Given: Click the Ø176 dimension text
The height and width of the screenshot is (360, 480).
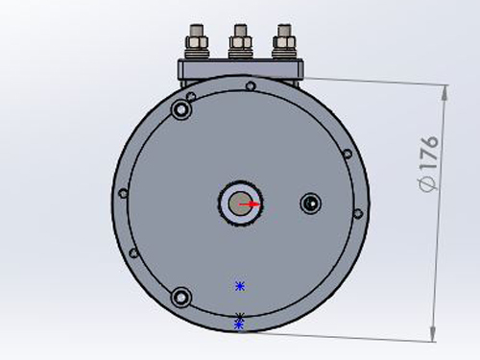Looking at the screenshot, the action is click(428, 163).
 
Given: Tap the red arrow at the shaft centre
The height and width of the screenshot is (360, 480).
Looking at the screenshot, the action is click(251, 204).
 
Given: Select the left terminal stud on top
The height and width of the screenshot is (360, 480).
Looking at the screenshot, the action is click(197, 41).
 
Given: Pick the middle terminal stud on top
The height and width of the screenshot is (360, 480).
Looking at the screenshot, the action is click(240, 41).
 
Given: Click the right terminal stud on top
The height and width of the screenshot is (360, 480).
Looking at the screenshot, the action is click(284, 41).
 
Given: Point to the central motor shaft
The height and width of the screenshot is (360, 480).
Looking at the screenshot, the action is click(240, 204).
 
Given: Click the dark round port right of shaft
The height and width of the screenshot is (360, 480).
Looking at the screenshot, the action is click(311, 203).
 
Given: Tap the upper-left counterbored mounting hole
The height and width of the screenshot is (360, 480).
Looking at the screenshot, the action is click(181, 109).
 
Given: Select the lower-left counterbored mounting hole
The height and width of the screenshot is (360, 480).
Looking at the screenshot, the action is click(181, 298).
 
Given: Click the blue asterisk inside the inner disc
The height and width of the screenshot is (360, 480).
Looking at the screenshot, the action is click(240, 286).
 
